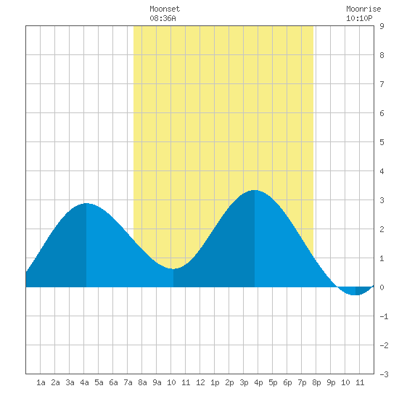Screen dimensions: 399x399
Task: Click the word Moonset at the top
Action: click(165, 9)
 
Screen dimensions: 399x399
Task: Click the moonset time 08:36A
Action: click(163, 18)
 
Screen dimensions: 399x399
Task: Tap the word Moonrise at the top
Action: click(363, 9)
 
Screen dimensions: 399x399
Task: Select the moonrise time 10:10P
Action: click(359, 18)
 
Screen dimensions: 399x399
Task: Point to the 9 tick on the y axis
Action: click(382, 26)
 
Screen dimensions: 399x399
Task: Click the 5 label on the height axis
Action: click(382, 142)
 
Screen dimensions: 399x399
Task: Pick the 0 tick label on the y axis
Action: click(382, 287)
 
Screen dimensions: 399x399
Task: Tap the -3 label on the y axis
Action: click(384, 374)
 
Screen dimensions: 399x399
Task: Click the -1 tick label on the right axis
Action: click(384, 316)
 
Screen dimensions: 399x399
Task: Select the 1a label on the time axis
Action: click(41, 382)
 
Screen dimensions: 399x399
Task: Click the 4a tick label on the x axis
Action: click(84, 382)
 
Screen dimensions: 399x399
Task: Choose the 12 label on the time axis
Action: click(200, 382)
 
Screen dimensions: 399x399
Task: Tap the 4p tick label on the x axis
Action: click(258, 382)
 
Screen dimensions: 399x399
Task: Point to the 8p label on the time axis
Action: click(316, 382)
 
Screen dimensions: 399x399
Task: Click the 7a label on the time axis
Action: click(128, 382)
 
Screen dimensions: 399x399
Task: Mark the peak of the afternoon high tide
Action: click(255, 190)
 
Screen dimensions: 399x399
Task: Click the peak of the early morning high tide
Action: click(86, 203)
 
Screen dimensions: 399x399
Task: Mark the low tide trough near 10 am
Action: click(173, 268)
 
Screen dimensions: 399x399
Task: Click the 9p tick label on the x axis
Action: click(331, 382)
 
